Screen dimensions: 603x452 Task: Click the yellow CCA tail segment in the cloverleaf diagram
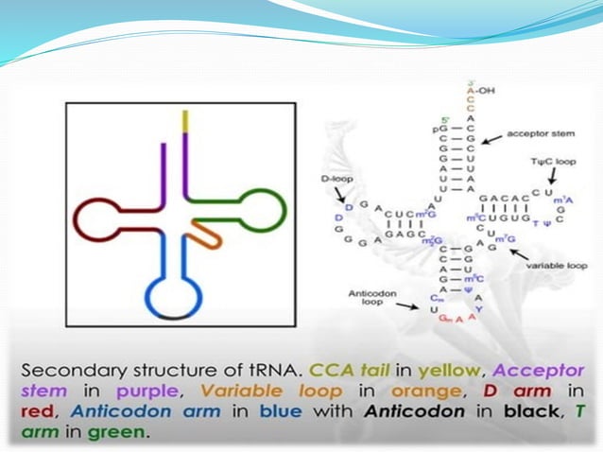tap(186, 122)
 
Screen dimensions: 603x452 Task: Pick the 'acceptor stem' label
tap(533, 134)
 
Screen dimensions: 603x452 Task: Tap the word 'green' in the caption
tap(116, 433)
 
